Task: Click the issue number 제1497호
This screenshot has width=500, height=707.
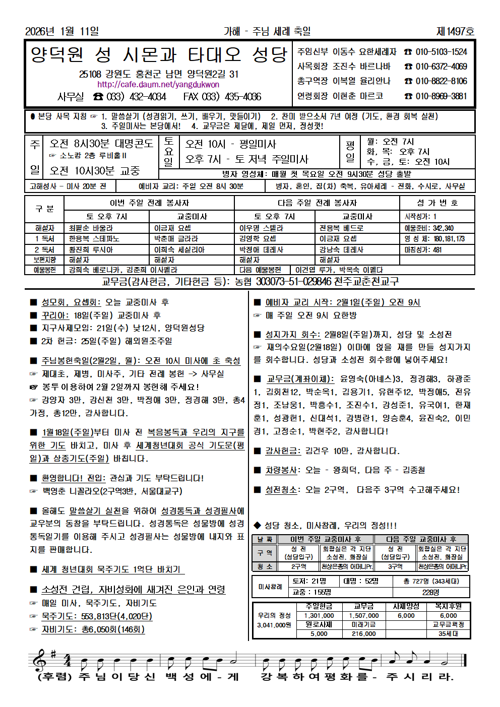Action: (455, 32)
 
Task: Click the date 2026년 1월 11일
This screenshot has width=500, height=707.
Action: (62, 32)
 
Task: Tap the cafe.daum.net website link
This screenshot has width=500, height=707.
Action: (158, 85)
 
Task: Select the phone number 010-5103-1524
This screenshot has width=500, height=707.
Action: (441, 52)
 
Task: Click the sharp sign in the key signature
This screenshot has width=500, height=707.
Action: (53, 653)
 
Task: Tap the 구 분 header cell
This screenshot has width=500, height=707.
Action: (44, 209)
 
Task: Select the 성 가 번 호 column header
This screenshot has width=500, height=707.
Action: (437, 203)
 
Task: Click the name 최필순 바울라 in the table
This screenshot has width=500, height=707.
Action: (91, 228)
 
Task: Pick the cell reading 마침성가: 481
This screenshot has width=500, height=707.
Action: (423, 249)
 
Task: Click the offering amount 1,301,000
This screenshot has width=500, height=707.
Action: (319, 615)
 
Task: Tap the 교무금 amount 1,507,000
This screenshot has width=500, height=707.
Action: (363, 615)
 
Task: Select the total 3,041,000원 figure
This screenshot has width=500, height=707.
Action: (274, 625)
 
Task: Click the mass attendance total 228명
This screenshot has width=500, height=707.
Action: (430, 592)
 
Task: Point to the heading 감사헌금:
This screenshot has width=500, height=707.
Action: (283, 451)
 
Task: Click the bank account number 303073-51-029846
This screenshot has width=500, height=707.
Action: (293, 281)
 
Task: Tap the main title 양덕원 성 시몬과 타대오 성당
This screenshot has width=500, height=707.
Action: (159, 54)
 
